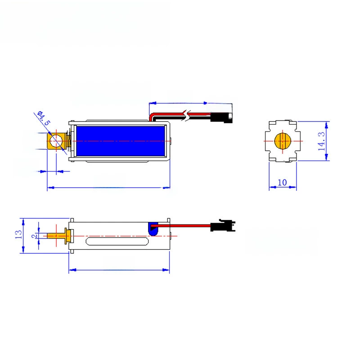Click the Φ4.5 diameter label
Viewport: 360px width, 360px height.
pos(44,118)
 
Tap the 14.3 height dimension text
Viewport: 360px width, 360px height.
pos(321,141)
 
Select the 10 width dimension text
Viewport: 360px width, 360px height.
pos(282,183)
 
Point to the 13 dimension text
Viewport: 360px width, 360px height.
pos(18,234)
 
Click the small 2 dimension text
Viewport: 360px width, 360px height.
pos(35,236)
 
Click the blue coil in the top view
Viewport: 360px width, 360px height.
pos(121,141)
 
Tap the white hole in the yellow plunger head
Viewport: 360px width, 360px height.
pos(56,141)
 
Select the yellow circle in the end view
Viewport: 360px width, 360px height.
pos(283,141)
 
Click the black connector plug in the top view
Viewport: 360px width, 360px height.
pos(221,117)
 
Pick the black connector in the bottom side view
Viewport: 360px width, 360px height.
pos(222,225)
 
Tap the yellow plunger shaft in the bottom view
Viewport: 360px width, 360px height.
pos(57,236)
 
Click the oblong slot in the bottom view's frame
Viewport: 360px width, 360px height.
pos(117,241)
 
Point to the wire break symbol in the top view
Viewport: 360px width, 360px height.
pos(188,116)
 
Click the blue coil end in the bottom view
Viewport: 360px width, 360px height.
pos(153,229)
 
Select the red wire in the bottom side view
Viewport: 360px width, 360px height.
pos(181,226)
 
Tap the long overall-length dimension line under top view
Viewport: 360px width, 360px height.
pos(108,188)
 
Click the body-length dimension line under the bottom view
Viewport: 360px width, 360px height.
pos(119,270)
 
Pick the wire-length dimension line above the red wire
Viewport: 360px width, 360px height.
pos(190,103)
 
